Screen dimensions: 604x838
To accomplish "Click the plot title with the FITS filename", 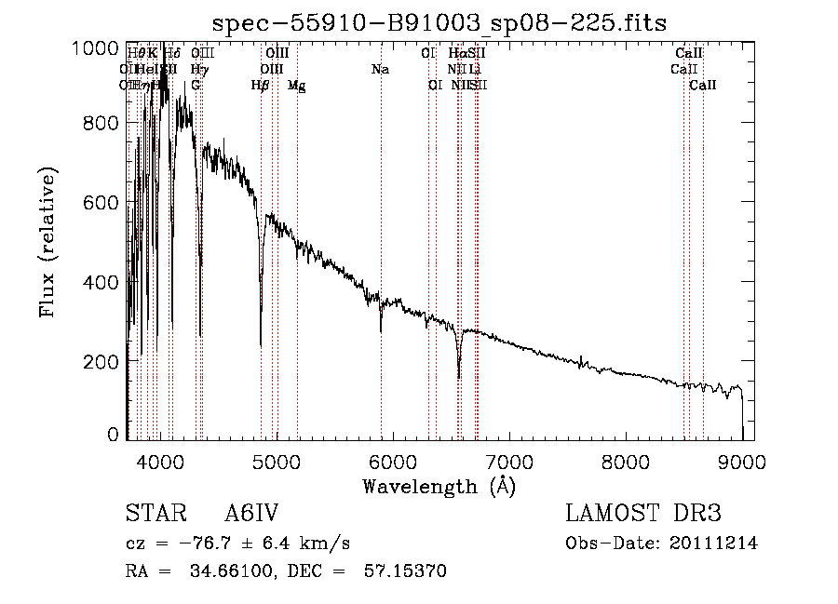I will point(439,21).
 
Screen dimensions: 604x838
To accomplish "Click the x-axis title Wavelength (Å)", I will point(439,486).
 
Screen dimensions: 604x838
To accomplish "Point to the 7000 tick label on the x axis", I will point(508,460).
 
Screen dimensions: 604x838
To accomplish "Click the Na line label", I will point(380,70).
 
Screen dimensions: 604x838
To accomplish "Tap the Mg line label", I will point(296,86).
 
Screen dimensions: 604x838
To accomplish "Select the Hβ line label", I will point(261,86).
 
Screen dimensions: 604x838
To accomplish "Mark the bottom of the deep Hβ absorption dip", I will point(261,344).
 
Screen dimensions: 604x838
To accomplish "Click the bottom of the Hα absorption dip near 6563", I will point(459,377).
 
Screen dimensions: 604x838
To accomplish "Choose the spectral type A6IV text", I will point(252,515).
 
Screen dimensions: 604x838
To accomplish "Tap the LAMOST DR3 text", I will point(643,515).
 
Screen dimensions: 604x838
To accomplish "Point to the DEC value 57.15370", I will point(409,570).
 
